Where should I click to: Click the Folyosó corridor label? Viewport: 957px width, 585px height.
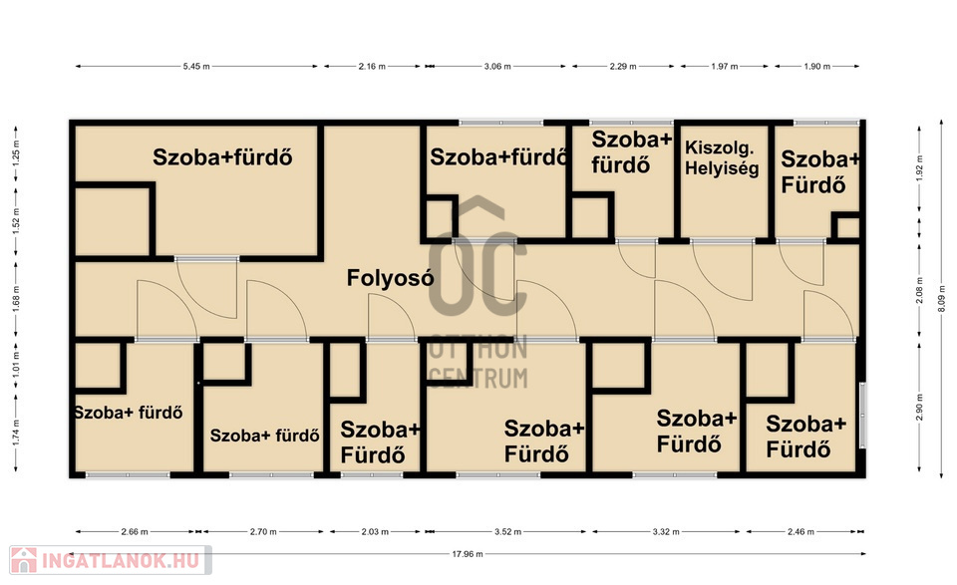click(x=390, y=278)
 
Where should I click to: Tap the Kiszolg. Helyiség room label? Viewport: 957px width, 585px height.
click(x=722, y=157)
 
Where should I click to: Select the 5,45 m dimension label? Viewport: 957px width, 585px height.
click(x=196, y=66)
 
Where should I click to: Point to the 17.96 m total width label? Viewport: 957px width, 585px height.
click(x=468, y=554)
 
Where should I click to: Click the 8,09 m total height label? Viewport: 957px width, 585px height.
click(x=940, y=300)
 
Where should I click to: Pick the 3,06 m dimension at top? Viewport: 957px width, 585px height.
click(x=497, y=66)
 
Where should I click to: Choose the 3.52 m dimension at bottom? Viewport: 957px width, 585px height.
click(x=507, y=531)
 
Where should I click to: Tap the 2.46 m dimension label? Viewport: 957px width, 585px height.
click(x=800, y=531)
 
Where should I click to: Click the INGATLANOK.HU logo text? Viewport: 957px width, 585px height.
click(x=121, y=560)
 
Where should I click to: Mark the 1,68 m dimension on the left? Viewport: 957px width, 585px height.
click(x=17, y=299)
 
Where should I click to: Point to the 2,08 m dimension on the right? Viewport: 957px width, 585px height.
click(x=920, y=290)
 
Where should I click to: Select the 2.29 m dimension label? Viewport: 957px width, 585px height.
click(x=622, y=66)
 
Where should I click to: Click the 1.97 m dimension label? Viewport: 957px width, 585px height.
click(x=725, y=66)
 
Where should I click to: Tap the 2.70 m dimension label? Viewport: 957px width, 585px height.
click(x=263, y=531)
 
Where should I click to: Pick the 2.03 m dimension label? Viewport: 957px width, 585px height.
click(x=375, y=531)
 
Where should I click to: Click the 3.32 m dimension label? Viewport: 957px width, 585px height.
click(x=666, y=531)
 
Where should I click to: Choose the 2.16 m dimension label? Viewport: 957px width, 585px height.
click(x=372, y=66)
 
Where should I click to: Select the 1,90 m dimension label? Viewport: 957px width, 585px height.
click(x=816, y=66)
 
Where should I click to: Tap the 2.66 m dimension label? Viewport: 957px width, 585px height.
click(x=135, y=531)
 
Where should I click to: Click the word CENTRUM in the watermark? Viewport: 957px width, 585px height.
click(x=478, y=378)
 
